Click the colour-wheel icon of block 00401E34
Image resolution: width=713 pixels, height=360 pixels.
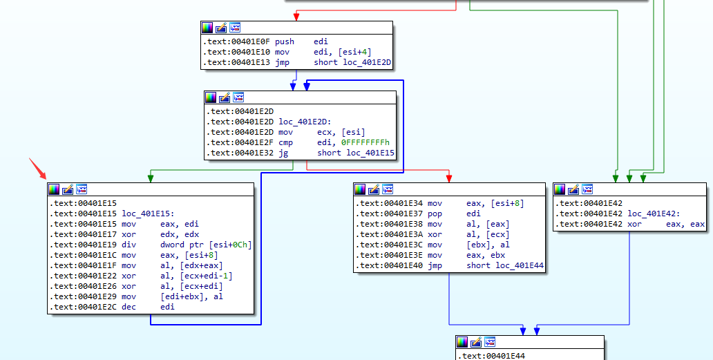pos(360,189)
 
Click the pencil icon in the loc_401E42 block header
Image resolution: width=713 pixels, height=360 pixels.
pos(574,189)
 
